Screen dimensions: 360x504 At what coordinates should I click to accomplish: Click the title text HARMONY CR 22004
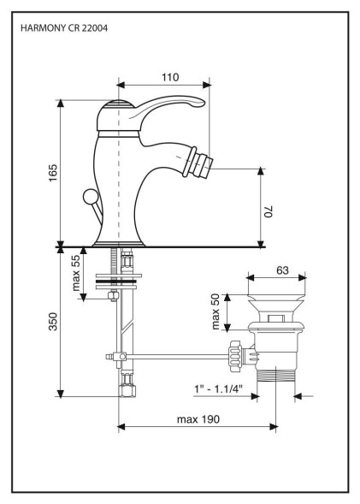coord(64,28)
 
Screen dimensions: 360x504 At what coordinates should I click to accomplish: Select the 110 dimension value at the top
coord(170,78)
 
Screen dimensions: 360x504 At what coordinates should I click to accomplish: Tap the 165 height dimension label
coord(53,173)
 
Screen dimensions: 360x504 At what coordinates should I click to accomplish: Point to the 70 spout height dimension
coord(269,211)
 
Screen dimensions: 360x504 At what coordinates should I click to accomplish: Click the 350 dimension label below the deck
coord(53,322)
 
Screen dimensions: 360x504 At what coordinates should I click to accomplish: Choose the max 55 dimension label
coord(76,273)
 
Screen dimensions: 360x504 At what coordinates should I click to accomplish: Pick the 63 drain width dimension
coord(282,270)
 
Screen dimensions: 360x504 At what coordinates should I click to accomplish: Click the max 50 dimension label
coord(215,311)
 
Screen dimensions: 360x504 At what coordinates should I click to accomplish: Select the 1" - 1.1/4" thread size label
coord(218,389)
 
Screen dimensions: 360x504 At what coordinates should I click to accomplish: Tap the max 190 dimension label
coord(198,419)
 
